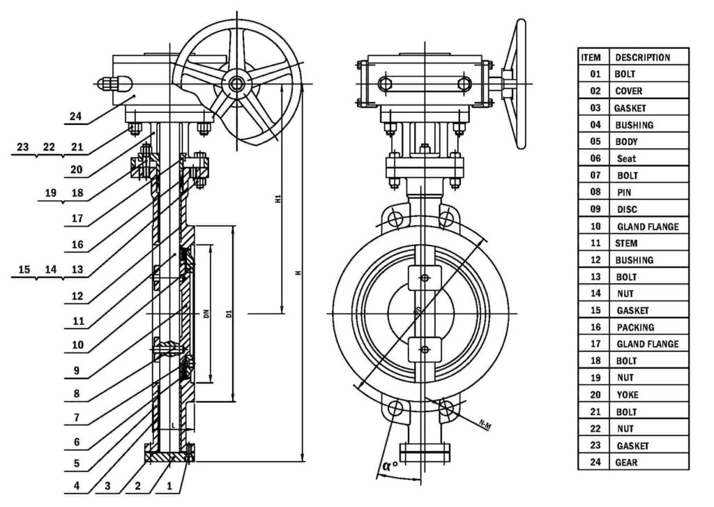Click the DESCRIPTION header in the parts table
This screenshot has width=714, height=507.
pos(642,57)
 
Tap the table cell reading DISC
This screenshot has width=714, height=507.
pos(626,209)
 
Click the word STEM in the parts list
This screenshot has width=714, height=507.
pos(626,243)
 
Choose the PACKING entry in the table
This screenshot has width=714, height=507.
pos(635,327)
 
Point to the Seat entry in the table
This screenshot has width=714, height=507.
pos(626,159)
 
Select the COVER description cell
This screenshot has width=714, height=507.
pos(628,91)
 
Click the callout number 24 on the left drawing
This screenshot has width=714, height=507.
pos(75,117)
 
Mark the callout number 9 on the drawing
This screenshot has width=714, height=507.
pos(77,370)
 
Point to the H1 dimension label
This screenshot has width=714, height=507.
pos(278,199)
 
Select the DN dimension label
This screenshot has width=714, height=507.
pos(206,314)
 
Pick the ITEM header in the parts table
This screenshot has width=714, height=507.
pos(592,57)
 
